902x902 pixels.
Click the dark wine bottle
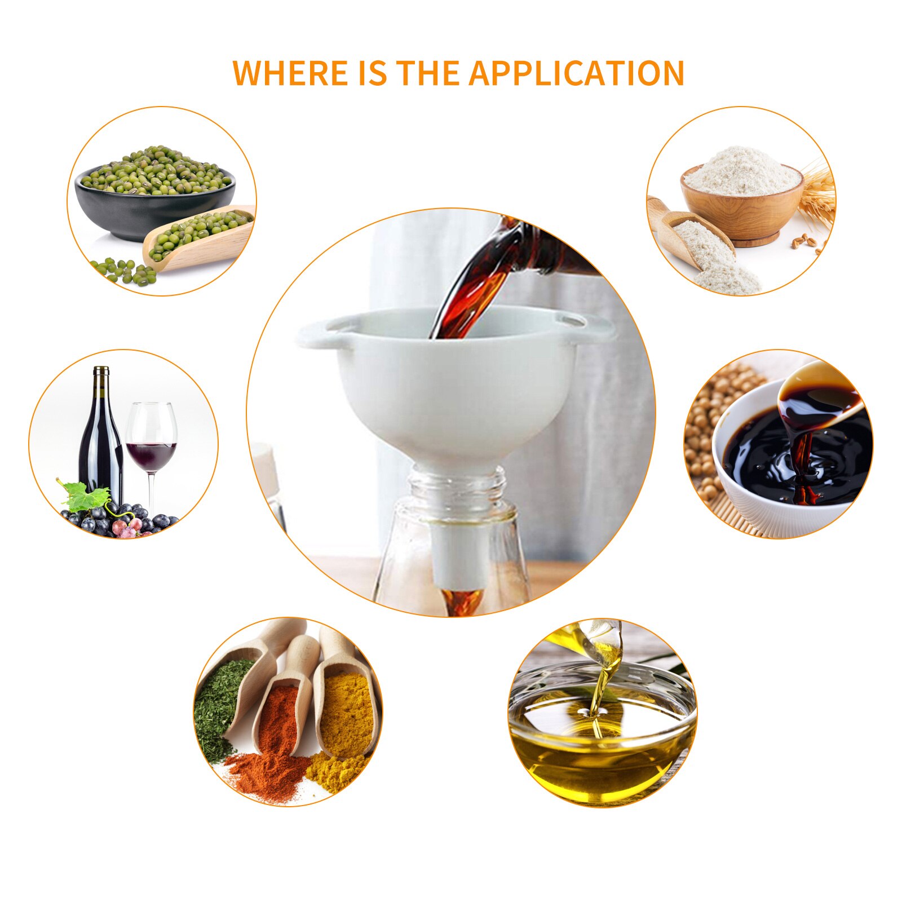[x=100, y=437]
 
